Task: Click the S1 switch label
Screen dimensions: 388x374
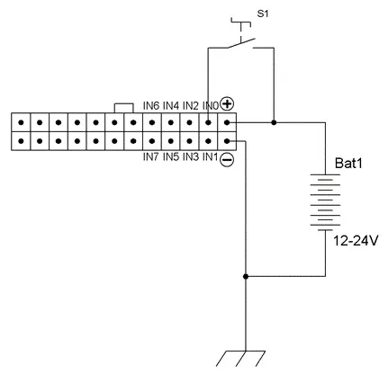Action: [x=263, y=13]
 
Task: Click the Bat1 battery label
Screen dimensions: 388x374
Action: [x=348, y=164]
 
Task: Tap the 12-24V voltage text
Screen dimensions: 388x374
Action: [x=356, y=241]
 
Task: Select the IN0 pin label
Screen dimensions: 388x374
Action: [x=211, y=106]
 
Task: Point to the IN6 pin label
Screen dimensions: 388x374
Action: [x=151, y=106]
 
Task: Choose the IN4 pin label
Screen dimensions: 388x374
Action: [x=171, y=106]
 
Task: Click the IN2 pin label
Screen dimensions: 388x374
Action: [x=191, y=106]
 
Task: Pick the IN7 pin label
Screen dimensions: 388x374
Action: [x=150, y=157]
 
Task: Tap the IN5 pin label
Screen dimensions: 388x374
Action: [x=171, y=157]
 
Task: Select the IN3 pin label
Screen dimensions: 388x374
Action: [x=191, y=157]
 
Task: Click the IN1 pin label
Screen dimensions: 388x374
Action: [x=210, y=157]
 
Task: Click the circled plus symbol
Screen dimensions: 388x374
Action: [x=227, y=104]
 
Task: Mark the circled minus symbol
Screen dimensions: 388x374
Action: [x=227, y=160]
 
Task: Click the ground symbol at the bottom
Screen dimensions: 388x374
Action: [x=240, y=359]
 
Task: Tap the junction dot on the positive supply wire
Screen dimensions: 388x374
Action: [x=274, y=122]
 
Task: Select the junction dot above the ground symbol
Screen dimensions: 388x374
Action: [x=246, y=276]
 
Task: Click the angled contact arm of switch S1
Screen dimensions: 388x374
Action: [x=240, y=43]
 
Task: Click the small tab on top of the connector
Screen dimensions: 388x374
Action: [x=124, y=108]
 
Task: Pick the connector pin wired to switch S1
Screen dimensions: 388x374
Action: [x=209, y=122]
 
